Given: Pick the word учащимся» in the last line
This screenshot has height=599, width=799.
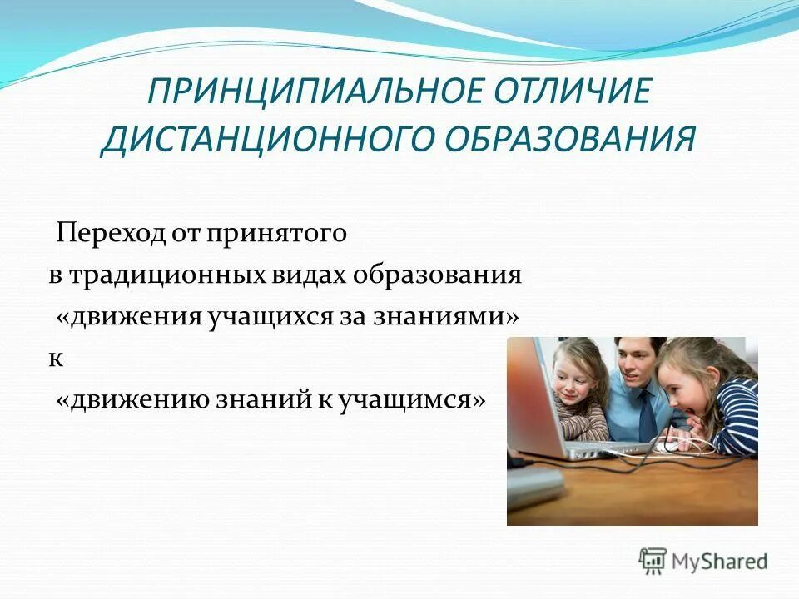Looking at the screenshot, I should click(x=411, y=400).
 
